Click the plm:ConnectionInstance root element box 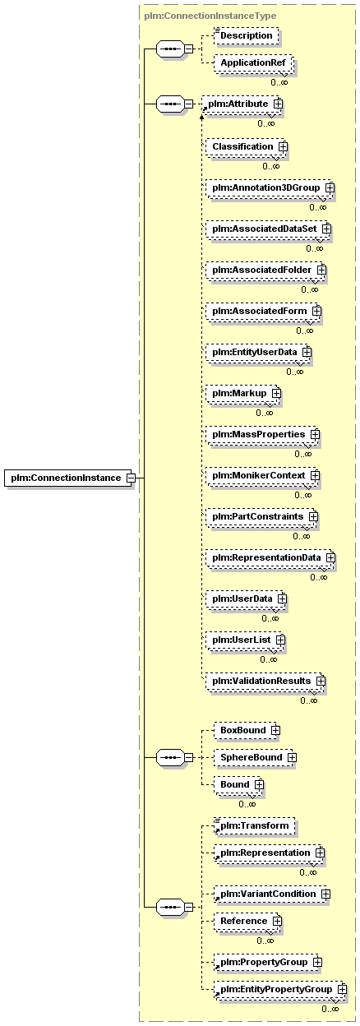tap(69, 478)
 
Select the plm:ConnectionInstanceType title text tap(210, 16)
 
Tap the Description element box tap(247, 35)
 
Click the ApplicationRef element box tap(253, 62)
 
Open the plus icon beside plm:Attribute tap(278, 104)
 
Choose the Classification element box tap(246, 146)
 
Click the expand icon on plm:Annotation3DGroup tap(330, 187)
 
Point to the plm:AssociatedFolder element tap(265, 270)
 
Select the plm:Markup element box tap(242, 394)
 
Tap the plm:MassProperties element tap(262, 434)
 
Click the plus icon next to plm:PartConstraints tap(313, 516)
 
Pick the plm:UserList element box tap(245, 640)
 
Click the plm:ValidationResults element tap(265, 681)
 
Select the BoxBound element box tap(247, 730)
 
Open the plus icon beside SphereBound tap(292, 758)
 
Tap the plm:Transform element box tap(254, 825)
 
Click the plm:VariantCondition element tap(271, 894)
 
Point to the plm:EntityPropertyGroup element tap(279, 989)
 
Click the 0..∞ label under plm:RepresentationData tap(319, 577)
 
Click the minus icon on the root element tap(131, 478)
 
